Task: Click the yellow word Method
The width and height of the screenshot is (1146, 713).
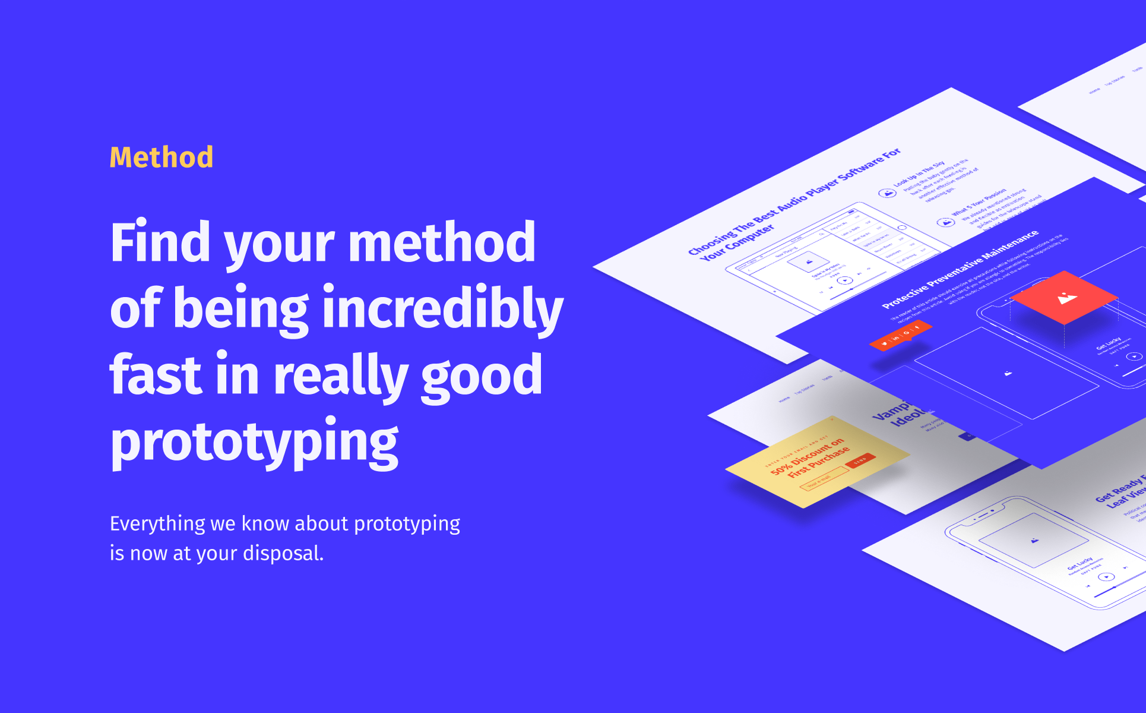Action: tap(162, 157)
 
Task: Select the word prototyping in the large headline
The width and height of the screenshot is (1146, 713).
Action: tap(254, 443)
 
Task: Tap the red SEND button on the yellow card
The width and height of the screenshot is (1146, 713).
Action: tap(860, 460)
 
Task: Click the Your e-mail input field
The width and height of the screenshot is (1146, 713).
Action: tap(824, 478)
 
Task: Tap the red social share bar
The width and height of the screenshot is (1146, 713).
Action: tap(900, 336)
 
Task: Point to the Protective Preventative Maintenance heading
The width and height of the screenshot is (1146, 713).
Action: tap(960, 269)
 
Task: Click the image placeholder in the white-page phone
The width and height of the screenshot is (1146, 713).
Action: tap(1034, 541)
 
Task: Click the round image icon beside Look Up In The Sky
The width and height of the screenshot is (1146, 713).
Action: tap(887, 193)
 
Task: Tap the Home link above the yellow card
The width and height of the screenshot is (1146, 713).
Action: tap(784, 399)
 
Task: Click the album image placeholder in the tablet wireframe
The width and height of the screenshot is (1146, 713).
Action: tap(808, 261)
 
